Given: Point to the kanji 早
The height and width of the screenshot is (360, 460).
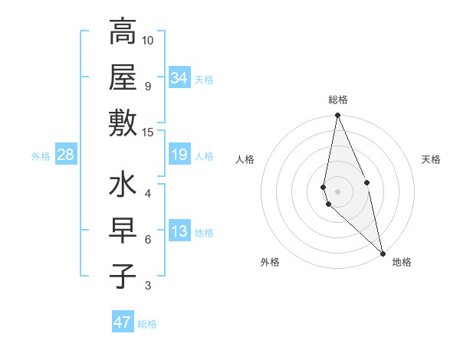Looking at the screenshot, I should pos(123,231).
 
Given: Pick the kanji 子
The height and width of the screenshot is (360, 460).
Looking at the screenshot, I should pos(123,276).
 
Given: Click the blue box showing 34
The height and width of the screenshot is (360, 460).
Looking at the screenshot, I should pos(179,78).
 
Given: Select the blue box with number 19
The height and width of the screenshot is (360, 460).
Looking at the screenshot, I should pos(179,155).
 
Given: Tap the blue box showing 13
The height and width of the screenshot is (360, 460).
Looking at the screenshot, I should pos(179,232).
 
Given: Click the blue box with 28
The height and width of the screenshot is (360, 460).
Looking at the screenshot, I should pos(66,155).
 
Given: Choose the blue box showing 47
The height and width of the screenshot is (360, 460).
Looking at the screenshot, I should pos(123,322).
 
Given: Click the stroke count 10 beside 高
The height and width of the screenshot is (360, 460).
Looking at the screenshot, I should pos(148,40).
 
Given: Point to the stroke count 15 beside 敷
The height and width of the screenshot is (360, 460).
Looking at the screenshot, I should pos(148,133).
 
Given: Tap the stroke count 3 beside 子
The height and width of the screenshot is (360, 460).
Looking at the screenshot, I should pos(148,286).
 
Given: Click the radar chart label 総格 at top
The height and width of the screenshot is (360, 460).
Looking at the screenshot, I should pos(338,100).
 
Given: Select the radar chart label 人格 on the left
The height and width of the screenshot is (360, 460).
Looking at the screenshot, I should pos(245,159).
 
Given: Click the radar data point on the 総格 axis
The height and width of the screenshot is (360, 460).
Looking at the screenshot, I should pos(337,116).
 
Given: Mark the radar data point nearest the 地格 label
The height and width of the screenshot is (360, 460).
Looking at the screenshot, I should pos(383,253).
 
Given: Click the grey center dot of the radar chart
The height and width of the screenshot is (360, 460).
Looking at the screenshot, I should pos(337,191).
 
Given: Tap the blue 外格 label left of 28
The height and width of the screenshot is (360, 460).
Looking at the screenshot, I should pos(41,156).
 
